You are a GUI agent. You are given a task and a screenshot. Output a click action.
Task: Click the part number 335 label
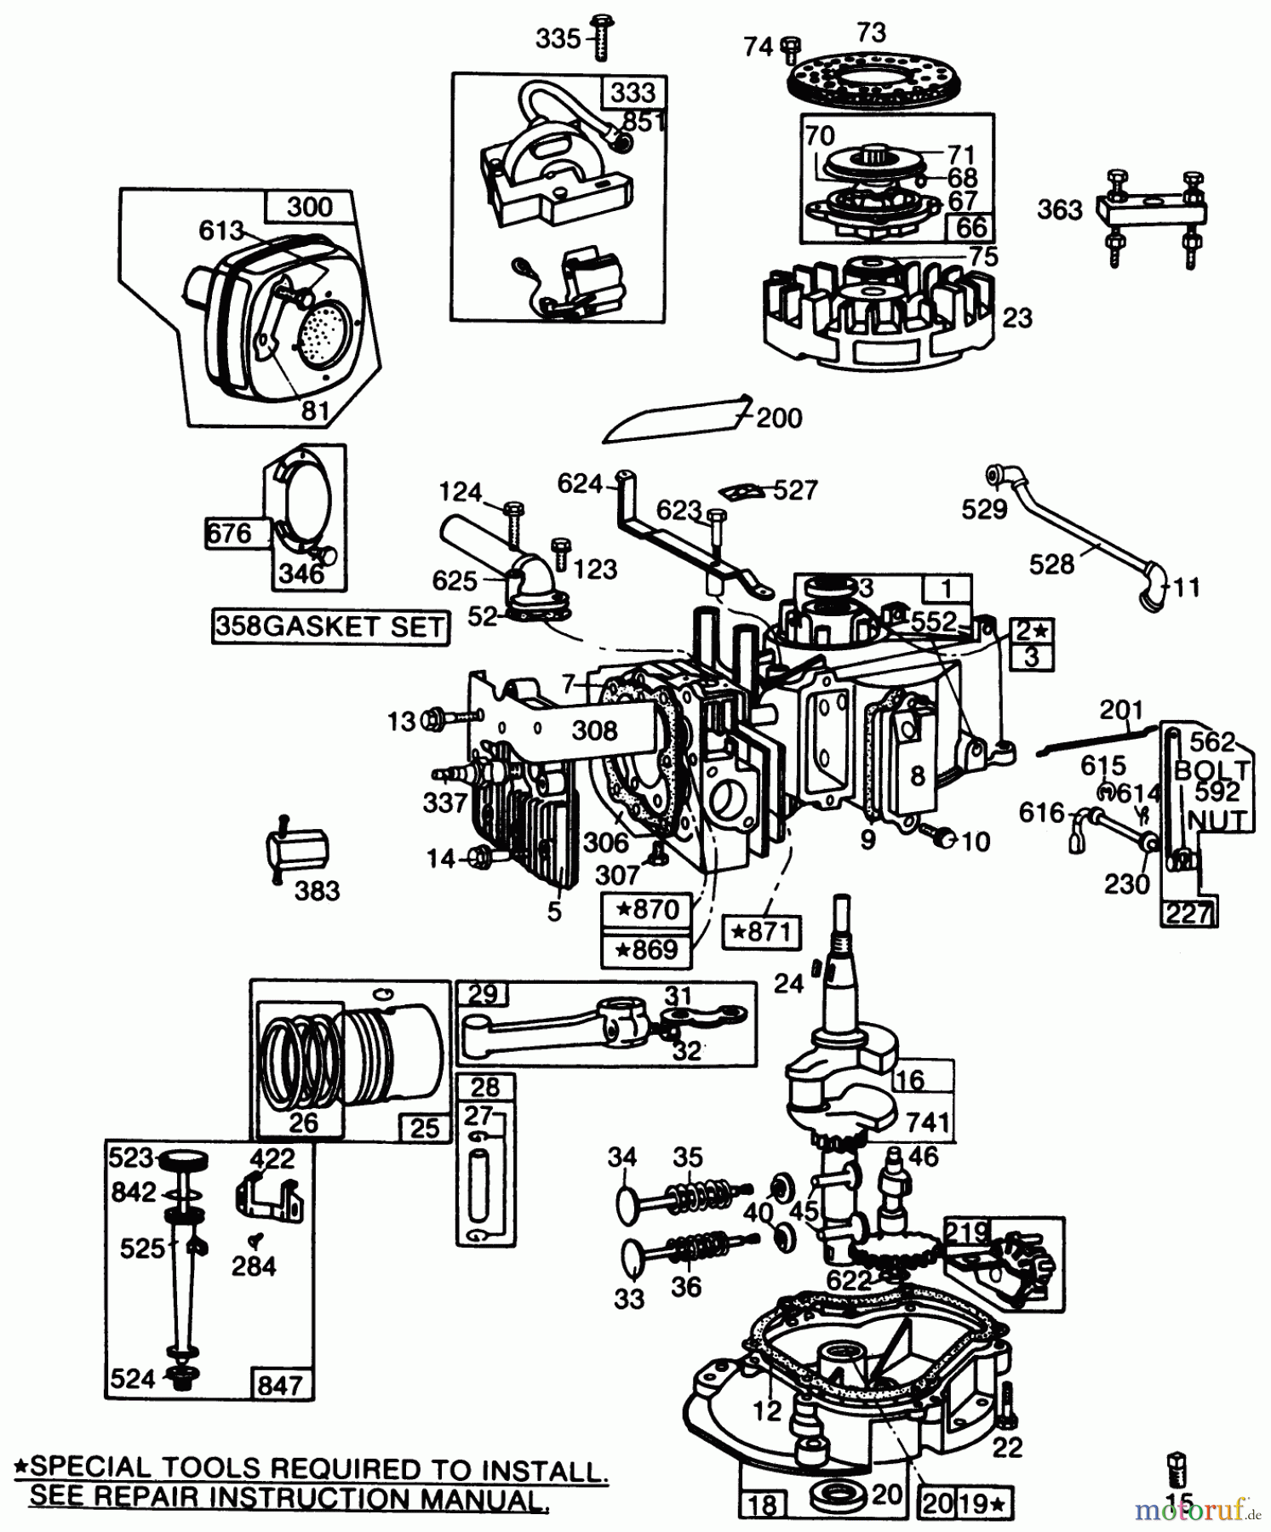coord(558,39)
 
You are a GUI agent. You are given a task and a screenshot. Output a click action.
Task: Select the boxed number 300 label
coord(310,207)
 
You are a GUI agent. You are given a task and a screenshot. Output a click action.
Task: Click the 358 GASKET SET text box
coord(330,626)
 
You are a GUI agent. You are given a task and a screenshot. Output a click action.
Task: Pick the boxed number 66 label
coord(970,227)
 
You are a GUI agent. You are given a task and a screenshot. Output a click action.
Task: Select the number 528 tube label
coord(1051,564)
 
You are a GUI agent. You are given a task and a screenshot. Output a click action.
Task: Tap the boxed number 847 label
coord(279,1385)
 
